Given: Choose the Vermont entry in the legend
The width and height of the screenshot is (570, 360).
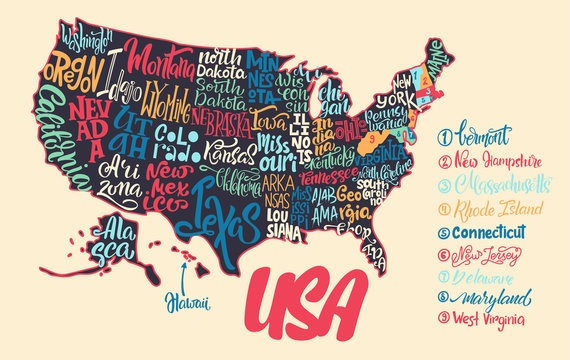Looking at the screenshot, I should (481, 134).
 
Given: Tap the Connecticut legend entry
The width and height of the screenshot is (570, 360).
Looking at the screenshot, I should (496, 234).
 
